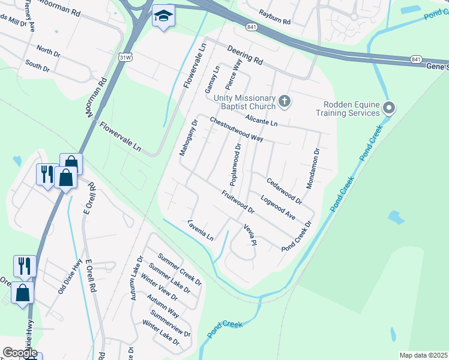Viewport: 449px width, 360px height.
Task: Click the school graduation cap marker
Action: (162, 17)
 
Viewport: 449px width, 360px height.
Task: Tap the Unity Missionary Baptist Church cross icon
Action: (285, 102)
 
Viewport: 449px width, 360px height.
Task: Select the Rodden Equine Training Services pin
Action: (389, 108)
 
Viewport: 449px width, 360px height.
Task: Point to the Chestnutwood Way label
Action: (237, 129)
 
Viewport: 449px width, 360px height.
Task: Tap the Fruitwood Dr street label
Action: (238, 202)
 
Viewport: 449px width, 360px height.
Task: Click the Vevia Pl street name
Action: (250, 234)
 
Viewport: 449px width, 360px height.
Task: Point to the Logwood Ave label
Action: (278, 207)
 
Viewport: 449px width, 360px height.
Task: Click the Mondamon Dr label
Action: (313, 169)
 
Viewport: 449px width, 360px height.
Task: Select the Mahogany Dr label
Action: (188, 138)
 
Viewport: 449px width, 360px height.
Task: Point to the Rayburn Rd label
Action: (274, 17)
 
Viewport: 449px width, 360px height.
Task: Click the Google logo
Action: (19, 352)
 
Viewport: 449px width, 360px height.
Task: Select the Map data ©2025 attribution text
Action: (423, 355)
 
